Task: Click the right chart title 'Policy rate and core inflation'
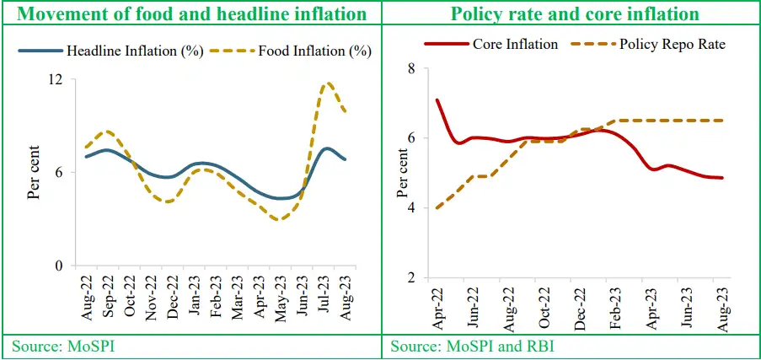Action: pos(575,14)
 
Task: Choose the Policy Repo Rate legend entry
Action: pos(644,43)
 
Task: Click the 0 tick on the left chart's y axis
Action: pos(61,266)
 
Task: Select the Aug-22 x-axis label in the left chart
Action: pos(87,300)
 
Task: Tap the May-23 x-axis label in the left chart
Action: pos(279,300)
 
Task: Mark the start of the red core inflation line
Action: pos(437,99)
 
